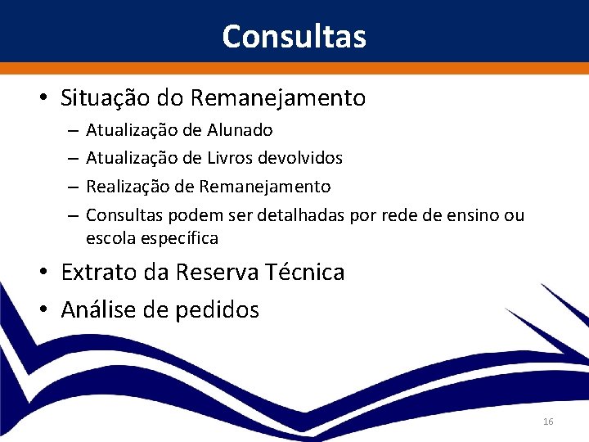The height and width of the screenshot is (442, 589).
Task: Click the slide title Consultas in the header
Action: pos(294,37)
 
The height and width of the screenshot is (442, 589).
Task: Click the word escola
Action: pos(109,239)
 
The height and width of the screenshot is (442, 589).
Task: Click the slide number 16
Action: pos(548,422)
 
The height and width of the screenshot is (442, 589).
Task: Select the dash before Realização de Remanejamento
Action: pos(73,187)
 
